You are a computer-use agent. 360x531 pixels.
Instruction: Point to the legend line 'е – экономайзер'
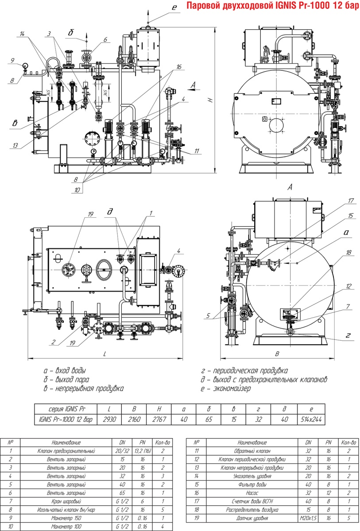tap(225, 389)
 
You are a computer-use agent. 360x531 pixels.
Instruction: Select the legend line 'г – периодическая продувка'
tap(244, 370)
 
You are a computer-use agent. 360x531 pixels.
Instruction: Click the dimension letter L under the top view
tap(105, 354)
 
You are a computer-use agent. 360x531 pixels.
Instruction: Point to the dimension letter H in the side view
tap(212, 100)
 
